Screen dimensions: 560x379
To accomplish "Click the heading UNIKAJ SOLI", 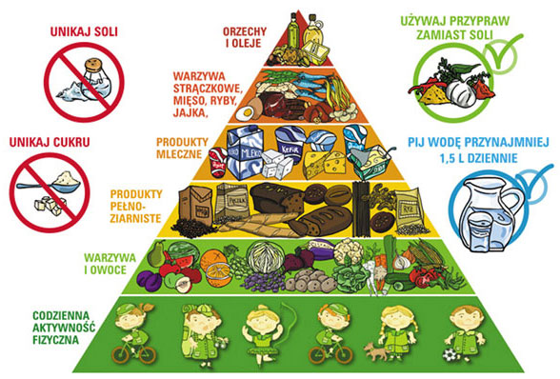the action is [84, 31].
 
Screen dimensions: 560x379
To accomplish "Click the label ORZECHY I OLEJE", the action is [245, 37].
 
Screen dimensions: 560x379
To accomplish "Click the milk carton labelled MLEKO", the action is [245, 152].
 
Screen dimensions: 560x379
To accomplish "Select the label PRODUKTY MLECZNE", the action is [182, 148].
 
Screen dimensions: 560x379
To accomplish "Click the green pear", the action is [156, 254].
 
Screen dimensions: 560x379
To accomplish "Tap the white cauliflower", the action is [349, 250].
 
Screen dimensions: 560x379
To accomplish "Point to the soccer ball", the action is [450, 355].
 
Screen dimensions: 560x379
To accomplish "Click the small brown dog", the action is [375, 351].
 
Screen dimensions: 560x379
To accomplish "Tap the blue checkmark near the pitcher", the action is [533, 181].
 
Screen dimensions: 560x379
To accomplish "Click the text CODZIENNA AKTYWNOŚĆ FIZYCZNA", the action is [64, 328].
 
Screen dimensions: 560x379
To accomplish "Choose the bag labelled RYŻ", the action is [409, 209].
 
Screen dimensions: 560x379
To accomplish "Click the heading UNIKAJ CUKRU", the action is [50, 143].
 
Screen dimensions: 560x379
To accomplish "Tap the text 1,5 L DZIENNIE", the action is [478, 158].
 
